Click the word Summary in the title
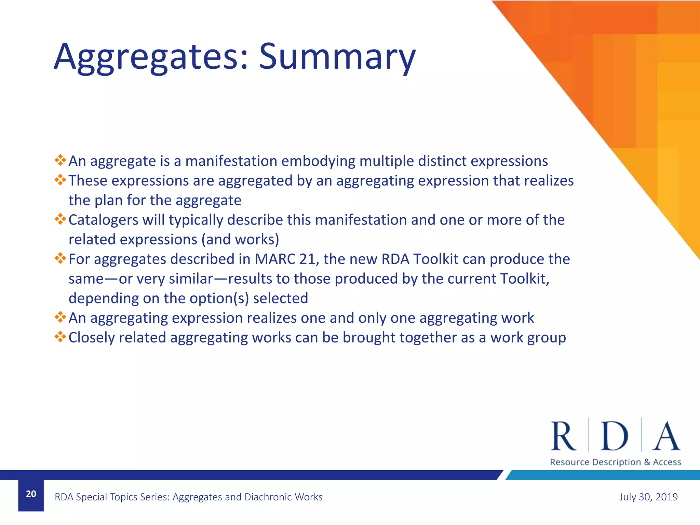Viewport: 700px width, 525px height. click(x=337, y=56)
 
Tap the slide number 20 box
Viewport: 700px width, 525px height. click(x=31, y=494)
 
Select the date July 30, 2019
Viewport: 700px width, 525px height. click(x=648, y=497)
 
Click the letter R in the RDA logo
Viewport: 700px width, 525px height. click(x=563, y=436)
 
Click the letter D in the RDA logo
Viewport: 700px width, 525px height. click(x=615, y=436)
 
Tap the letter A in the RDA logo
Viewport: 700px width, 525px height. click(x=666, y=436)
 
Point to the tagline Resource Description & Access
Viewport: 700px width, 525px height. click(x=615, y=462)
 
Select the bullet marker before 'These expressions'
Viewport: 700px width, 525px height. click(x=60, y=180)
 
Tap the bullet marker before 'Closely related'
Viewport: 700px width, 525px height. click(x=60, y=337)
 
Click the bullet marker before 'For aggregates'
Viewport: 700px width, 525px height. click(x=60, y=258)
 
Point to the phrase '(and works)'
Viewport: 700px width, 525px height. click(x=240, y=240)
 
